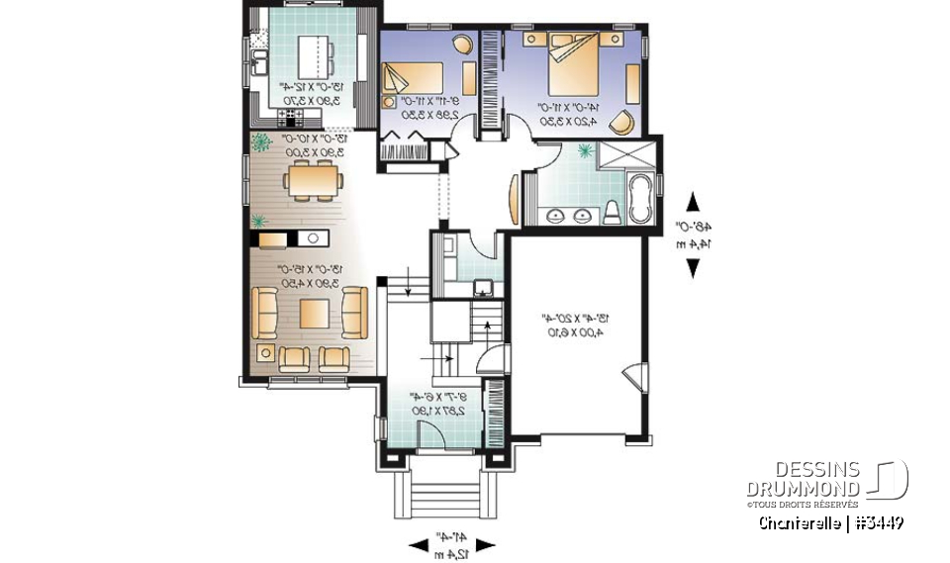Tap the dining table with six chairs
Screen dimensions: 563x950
(x=313, y=181)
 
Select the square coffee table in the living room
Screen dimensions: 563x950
(x=315, y=313)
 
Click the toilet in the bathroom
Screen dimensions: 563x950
(x=612, y=210)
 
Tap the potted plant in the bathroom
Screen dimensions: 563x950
(x=585, y=150)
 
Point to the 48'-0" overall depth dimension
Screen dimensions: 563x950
(x=692, y=234)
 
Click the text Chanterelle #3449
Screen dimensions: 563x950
(x=830, y=521)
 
